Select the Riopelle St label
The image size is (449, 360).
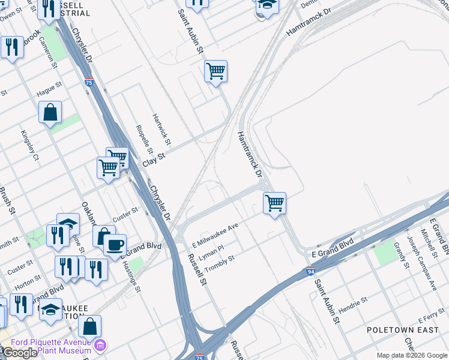[142, 137]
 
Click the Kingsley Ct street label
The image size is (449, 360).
[29, 146]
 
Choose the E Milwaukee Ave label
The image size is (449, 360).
[215, 235]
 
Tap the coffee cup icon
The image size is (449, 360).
[115, 244]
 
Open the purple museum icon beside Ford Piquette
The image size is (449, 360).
[100, 346]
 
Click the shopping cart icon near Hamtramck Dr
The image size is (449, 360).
[274, 203]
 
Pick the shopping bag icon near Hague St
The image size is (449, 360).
[50, 112]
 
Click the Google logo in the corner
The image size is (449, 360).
[19, 353]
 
